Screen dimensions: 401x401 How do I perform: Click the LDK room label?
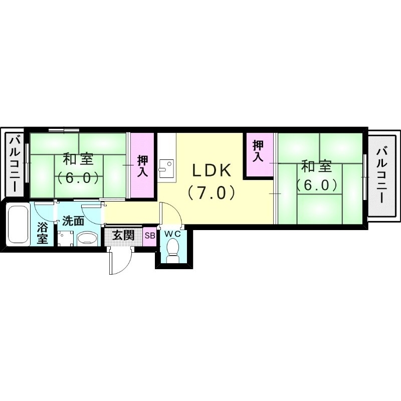point(212,170)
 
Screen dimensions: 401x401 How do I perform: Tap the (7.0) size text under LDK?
point(212,192)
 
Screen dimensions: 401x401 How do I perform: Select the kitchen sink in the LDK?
point(166,166)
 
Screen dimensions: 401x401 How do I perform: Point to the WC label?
point(173,234)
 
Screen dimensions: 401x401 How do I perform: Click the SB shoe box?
point(149,236)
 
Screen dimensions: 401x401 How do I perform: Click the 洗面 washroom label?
point(73,221)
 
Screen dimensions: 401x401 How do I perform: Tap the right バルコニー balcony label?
point(383,173)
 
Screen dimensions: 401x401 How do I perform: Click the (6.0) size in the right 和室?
point(316,185)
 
